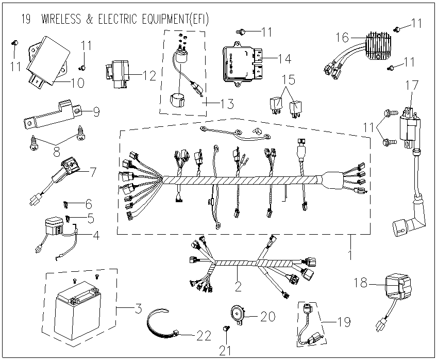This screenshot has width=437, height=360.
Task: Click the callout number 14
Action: point(284,58)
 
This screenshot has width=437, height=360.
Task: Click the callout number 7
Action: point(92,172)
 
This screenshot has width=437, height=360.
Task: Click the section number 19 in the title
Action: point(26,19)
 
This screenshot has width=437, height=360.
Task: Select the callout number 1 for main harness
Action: point(350,255)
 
